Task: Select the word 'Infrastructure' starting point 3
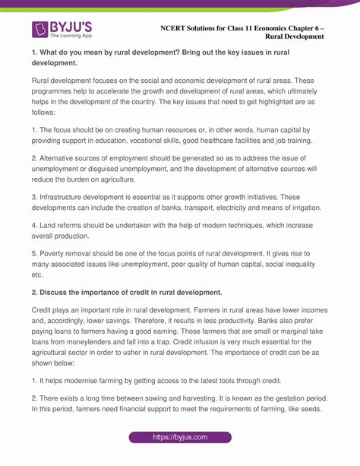point(68,195)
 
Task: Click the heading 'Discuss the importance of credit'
point(113,292)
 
